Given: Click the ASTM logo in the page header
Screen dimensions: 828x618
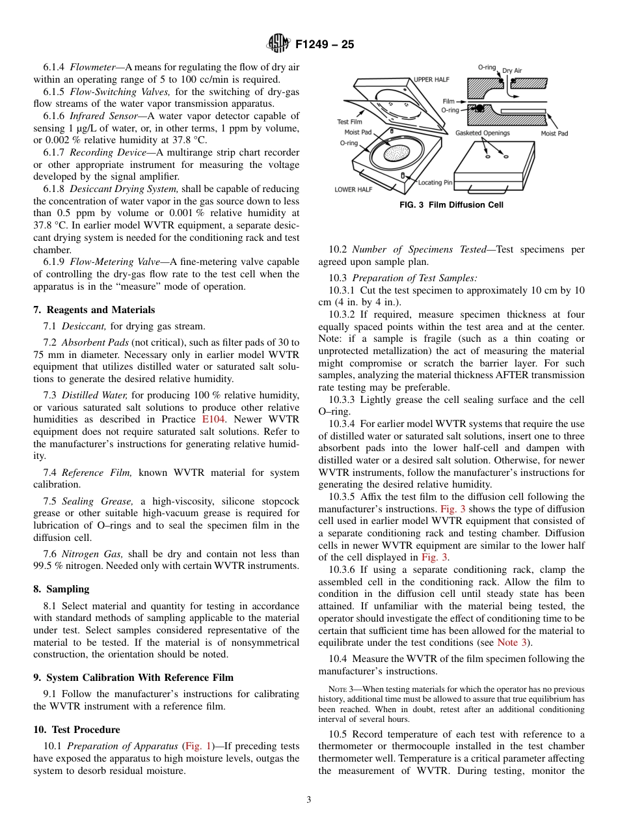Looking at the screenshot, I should (x=278, y=45).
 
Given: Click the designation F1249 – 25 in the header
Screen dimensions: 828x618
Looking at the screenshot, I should (x=325, y=45).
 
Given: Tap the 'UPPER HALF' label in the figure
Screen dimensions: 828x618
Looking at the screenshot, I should (x=432, y=79).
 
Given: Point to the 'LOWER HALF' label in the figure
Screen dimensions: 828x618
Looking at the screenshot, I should (x=353, y=189).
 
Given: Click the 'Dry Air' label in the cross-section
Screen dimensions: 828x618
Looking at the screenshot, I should (x=512, y=70).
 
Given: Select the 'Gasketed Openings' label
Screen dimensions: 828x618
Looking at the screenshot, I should (x=482, y=133).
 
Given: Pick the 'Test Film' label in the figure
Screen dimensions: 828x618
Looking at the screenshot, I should (x=349, y=122).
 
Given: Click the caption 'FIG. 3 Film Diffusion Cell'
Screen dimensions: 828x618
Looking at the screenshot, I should (x=451, y=205).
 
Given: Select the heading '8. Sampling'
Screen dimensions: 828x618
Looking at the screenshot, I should (x=61, y=588).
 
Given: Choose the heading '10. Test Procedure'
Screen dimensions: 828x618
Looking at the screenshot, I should (x=77, y=729).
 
